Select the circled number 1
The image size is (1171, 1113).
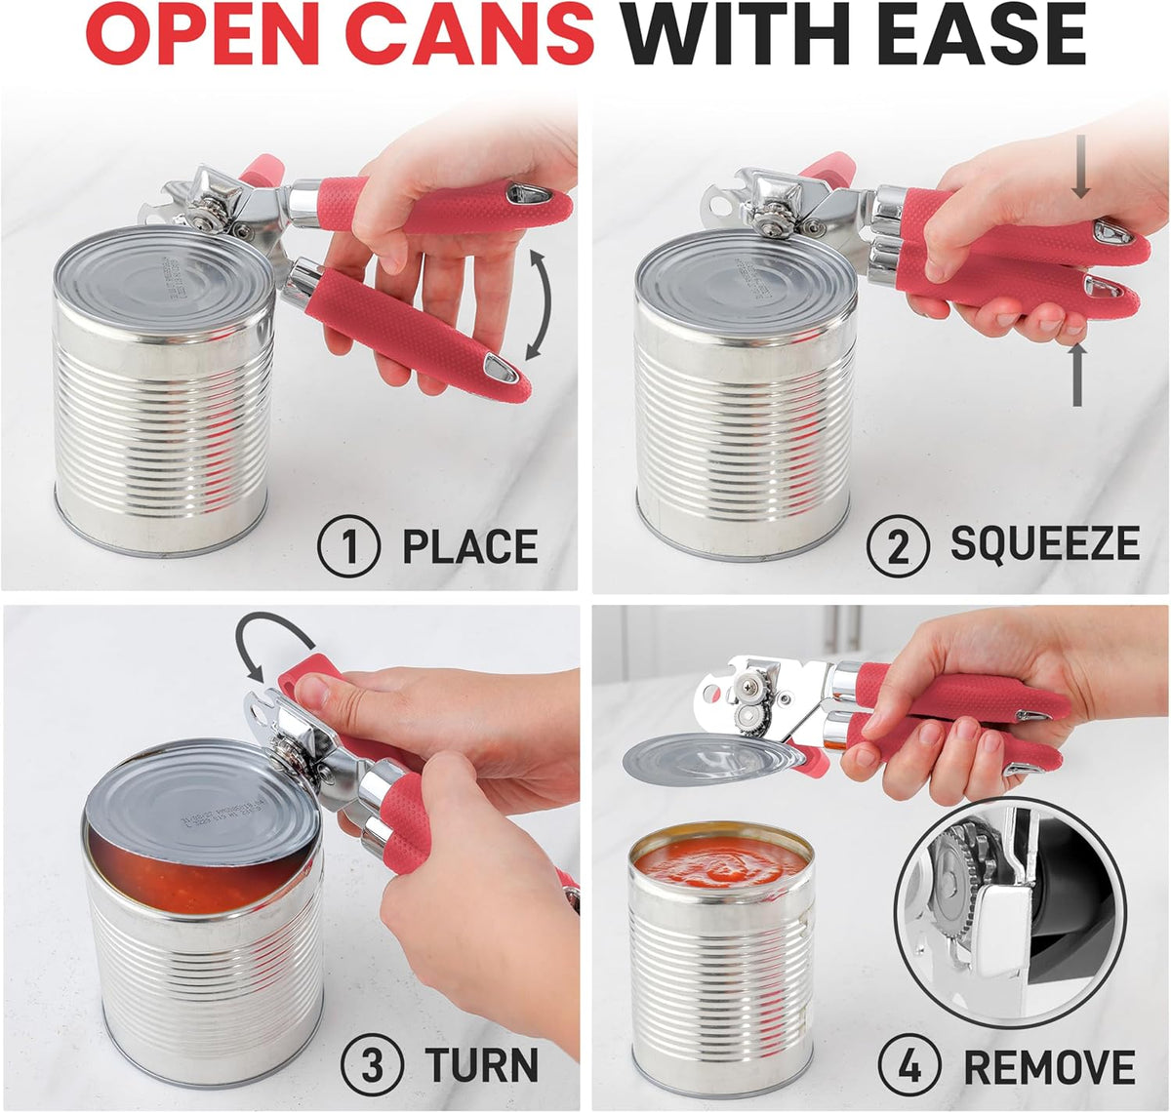tap(348, 546)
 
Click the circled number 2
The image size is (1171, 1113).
tap(898, 546)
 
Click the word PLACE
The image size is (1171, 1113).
tap(470, 546)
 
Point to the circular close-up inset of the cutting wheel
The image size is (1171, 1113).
tap(1010, 912)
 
